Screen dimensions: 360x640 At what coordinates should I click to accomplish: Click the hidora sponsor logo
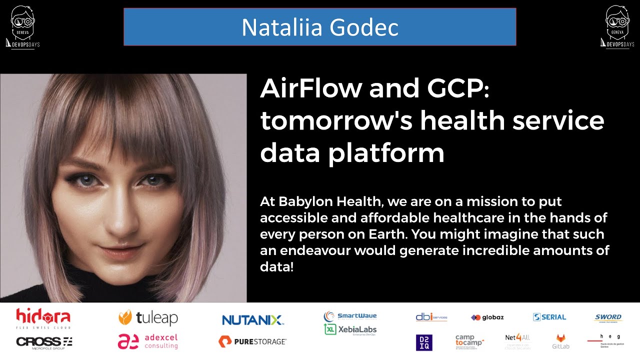coord(43,318)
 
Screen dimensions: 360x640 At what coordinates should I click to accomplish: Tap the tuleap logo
coord(148,317)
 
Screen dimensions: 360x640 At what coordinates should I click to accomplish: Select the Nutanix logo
coord(253,320)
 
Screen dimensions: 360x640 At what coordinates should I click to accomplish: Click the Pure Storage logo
coord(252,341)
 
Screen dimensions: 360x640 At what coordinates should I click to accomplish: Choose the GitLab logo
coord(560,341)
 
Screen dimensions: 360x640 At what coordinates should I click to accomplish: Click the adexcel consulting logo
coord(148,341)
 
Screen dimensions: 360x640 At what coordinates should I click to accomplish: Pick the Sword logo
coord(608,317)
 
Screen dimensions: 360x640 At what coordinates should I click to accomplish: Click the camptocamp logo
coord(469,342)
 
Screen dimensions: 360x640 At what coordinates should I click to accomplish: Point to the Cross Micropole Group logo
coord(44,341)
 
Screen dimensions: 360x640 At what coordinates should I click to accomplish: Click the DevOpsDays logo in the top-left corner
coord(22,27)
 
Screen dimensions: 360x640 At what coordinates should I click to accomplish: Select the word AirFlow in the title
coord(310,88)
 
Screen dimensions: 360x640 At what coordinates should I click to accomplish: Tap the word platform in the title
coord(386,153)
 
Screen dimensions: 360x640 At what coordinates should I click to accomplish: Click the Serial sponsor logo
coord(549,317)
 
